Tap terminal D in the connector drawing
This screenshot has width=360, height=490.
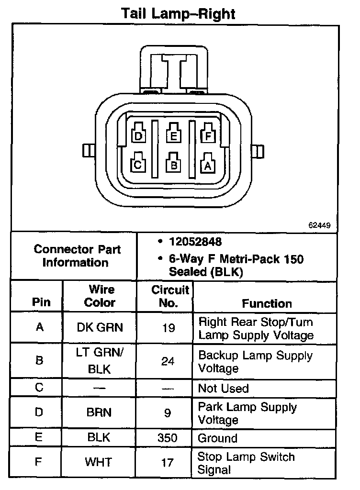(x=139, y=136)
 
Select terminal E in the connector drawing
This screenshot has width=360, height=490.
(x=173, y=136)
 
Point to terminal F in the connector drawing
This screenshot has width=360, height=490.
(x=207, y=136)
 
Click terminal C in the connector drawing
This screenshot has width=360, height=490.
(x=138, y=165)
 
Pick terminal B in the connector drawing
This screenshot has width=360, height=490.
(x=174, y=165)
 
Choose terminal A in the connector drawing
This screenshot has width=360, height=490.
(x=207, y=165)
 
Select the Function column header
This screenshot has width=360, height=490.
(x=267, y=303)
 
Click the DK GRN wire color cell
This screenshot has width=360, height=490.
(x=100, y=328)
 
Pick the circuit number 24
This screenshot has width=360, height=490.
(x=168, y=361)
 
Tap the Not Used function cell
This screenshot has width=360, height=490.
(x=224, y=388)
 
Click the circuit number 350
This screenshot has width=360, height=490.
(x=168, y=438)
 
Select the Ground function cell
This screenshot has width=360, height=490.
(x=218, y=438)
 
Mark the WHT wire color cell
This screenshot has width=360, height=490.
(x=99, y=462)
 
